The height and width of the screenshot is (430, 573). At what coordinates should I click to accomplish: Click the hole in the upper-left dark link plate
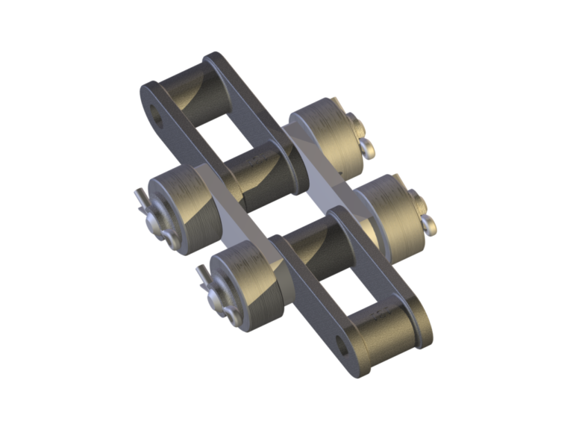pyautogui.click(x=157, y=115)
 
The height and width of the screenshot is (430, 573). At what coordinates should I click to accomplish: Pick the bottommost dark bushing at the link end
pyautogui.click(x=383, y=335)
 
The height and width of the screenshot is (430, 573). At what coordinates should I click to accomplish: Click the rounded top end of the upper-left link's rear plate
pyautogui.click(x=216, y=60)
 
